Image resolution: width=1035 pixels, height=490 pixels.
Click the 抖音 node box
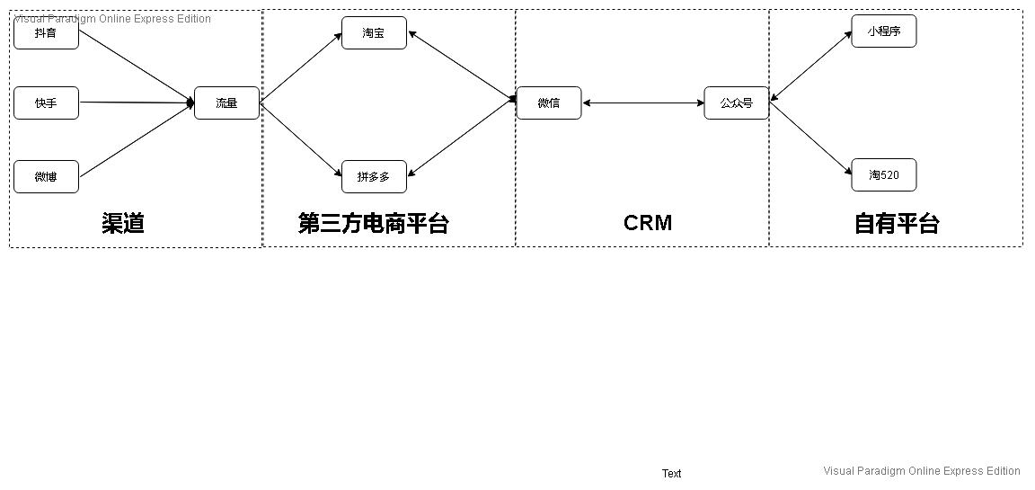[x=46, y=33]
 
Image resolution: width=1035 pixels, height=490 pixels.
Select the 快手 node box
[x=46, y=103]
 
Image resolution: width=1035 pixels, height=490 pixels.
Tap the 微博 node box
[x=46, y=176]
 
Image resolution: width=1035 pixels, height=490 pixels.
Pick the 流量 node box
[x=226, y=103]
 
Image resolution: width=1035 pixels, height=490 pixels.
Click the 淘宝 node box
[x=374, y=33]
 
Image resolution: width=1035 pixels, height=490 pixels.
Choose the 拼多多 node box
[x=374, y=176]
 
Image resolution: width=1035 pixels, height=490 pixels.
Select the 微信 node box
[x=549, y=103]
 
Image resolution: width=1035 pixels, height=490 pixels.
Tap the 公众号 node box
[x=736, y=103]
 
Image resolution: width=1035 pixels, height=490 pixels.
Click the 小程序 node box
[x=883, y=31]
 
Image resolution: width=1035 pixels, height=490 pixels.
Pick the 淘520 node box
[x=883, y=175]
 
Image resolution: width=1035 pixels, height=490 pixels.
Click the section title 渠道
[x=123, y=223]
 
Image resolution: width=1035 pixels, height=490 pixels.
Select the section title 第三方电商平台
[x=373, y=223]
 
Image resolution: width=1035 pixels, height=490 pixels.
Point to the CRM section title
[x=647, y=223]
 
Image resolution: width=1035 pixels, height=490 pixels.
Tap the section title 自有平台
[x=896, y=223]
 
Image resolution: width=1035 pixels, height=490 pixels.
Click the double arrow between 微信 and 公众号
[x=642, y=103]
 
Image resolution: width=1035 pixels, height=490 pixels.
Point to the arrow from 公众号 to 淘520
[x=810, y=138]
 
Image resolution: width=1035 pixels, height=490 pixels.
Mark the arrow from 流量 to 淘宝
[x=301, y=68]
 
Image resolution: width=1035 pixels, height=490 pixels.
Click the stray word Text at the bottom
[x=671, y=474]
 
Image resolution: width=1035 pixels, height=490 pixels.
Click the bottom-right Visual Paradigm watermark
[x=921, y=471]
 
